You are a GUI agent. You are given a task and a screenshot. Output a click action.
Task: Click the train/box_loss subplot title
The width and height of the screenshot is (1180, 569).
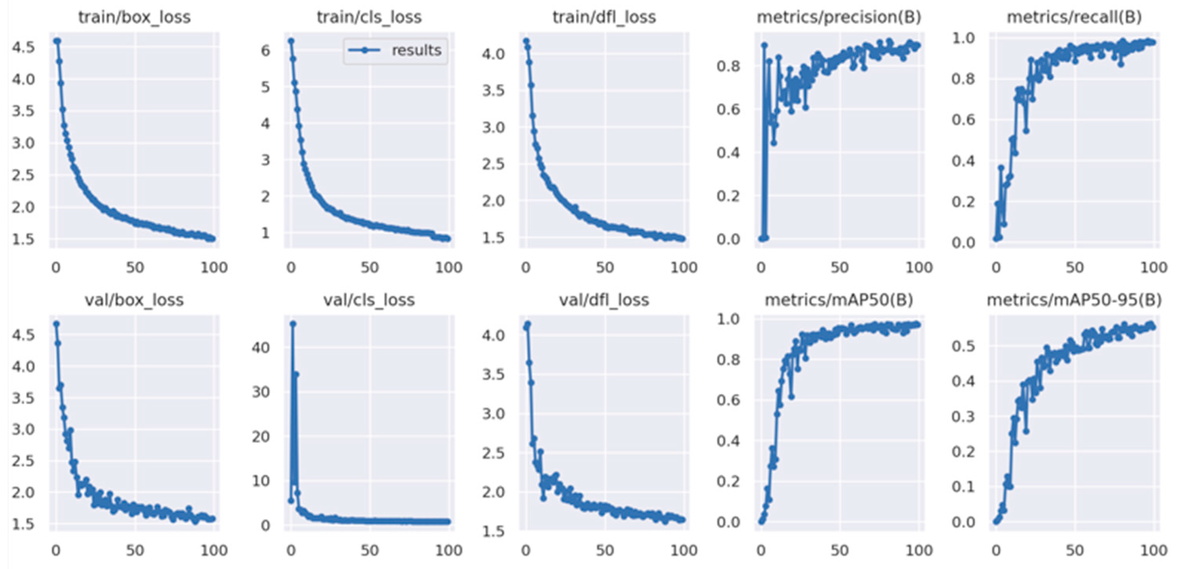(134, 17)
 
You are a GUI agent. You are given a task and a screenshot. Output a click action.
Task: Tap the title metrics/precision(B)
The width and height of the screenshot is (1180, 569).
(839, 17)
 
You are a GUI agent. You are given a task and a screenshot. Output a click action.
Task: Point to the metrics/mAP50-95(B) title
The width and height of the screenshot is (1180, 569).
(1074, 300)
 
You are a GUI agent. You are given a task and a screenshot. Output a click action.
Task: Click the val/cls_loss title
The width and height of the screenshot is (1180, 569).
(369, 300)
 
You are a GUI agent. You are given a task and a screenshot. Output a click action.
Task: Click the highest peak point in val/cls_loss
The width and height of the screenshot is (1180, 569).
(293, 324)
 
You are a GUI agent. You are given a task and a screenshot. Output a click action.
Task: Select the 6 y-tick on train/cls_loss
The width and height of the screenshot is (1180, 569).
(265, 50)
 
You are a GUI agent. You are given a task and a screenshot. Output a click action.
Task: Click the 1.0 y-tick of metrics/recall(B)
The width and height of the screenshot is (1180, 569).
(963, 38)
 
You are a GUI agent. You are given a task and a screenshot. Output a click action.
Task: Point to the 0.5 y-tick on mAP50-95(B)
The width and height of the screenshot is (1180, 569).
(963, 346)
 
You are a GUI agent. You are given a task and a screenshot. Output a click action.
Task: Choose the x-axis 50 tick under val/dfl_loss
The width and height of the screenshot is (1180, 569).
(604, 550)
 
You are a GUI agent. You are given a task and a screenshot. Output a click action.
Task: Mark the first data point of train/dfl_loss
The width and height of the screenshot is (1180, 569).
(526, 41)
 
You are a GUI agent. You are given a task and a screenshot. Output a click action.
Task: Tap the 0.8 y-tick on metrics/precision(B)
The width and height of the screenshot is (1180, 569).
(729, 66)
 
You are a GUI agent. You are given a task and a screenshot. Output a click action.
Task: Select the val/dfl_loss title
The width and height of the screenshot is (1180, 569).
(604, 300)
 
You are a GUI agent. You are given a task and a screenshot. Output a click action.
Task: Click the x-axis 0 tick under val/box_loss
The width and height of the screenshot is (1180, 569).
(56, 550)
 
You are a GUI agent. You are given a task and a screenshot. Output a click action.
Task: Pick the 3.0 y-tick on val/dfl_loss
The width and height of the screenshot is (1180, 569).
(493, 414)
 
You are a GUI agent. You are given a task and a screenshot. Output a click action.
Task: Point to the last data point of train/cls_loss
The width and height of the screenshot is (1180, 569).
(448, 238)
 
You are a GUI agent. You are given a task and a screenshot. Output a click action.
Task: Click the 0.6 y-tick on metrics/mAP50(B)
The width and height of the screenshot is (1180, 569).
(729, 400)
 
